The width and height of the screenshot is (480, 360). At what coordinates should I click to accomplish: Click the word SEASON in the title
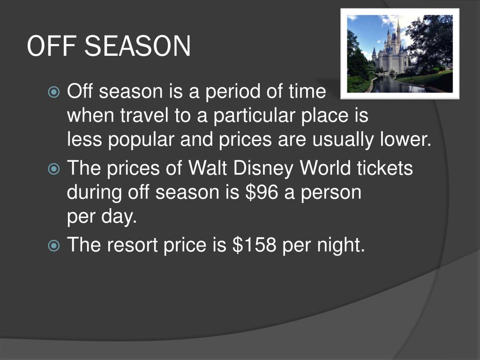138,47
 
